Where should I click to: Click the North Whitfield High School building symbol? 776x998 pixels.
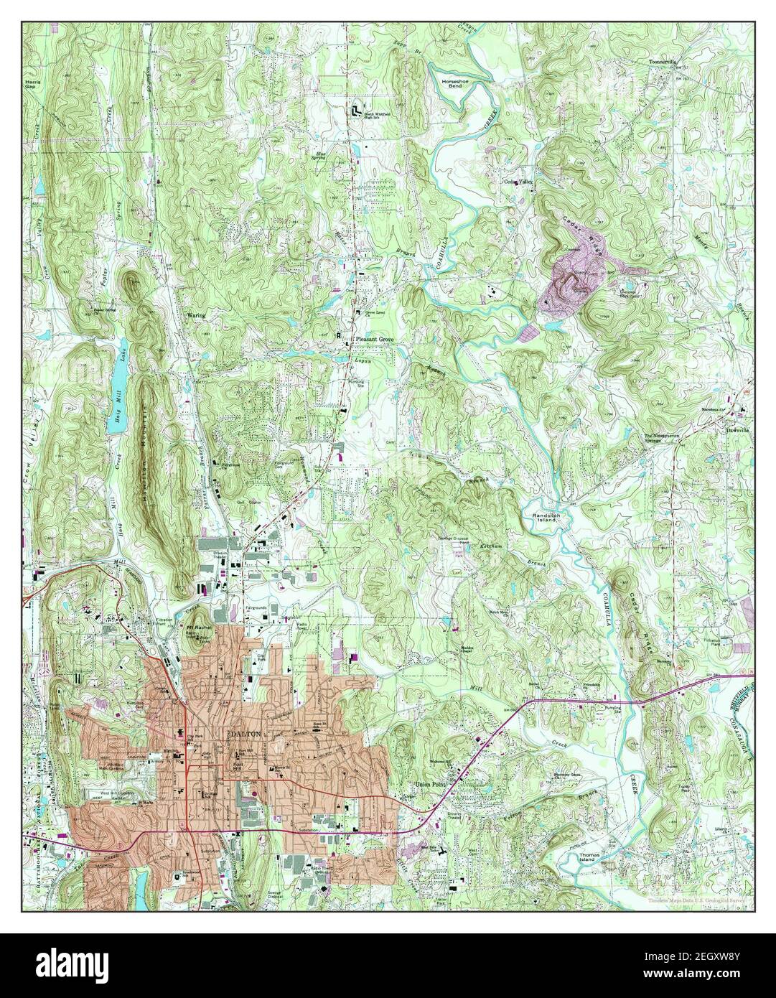click(x=356, y=111)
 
